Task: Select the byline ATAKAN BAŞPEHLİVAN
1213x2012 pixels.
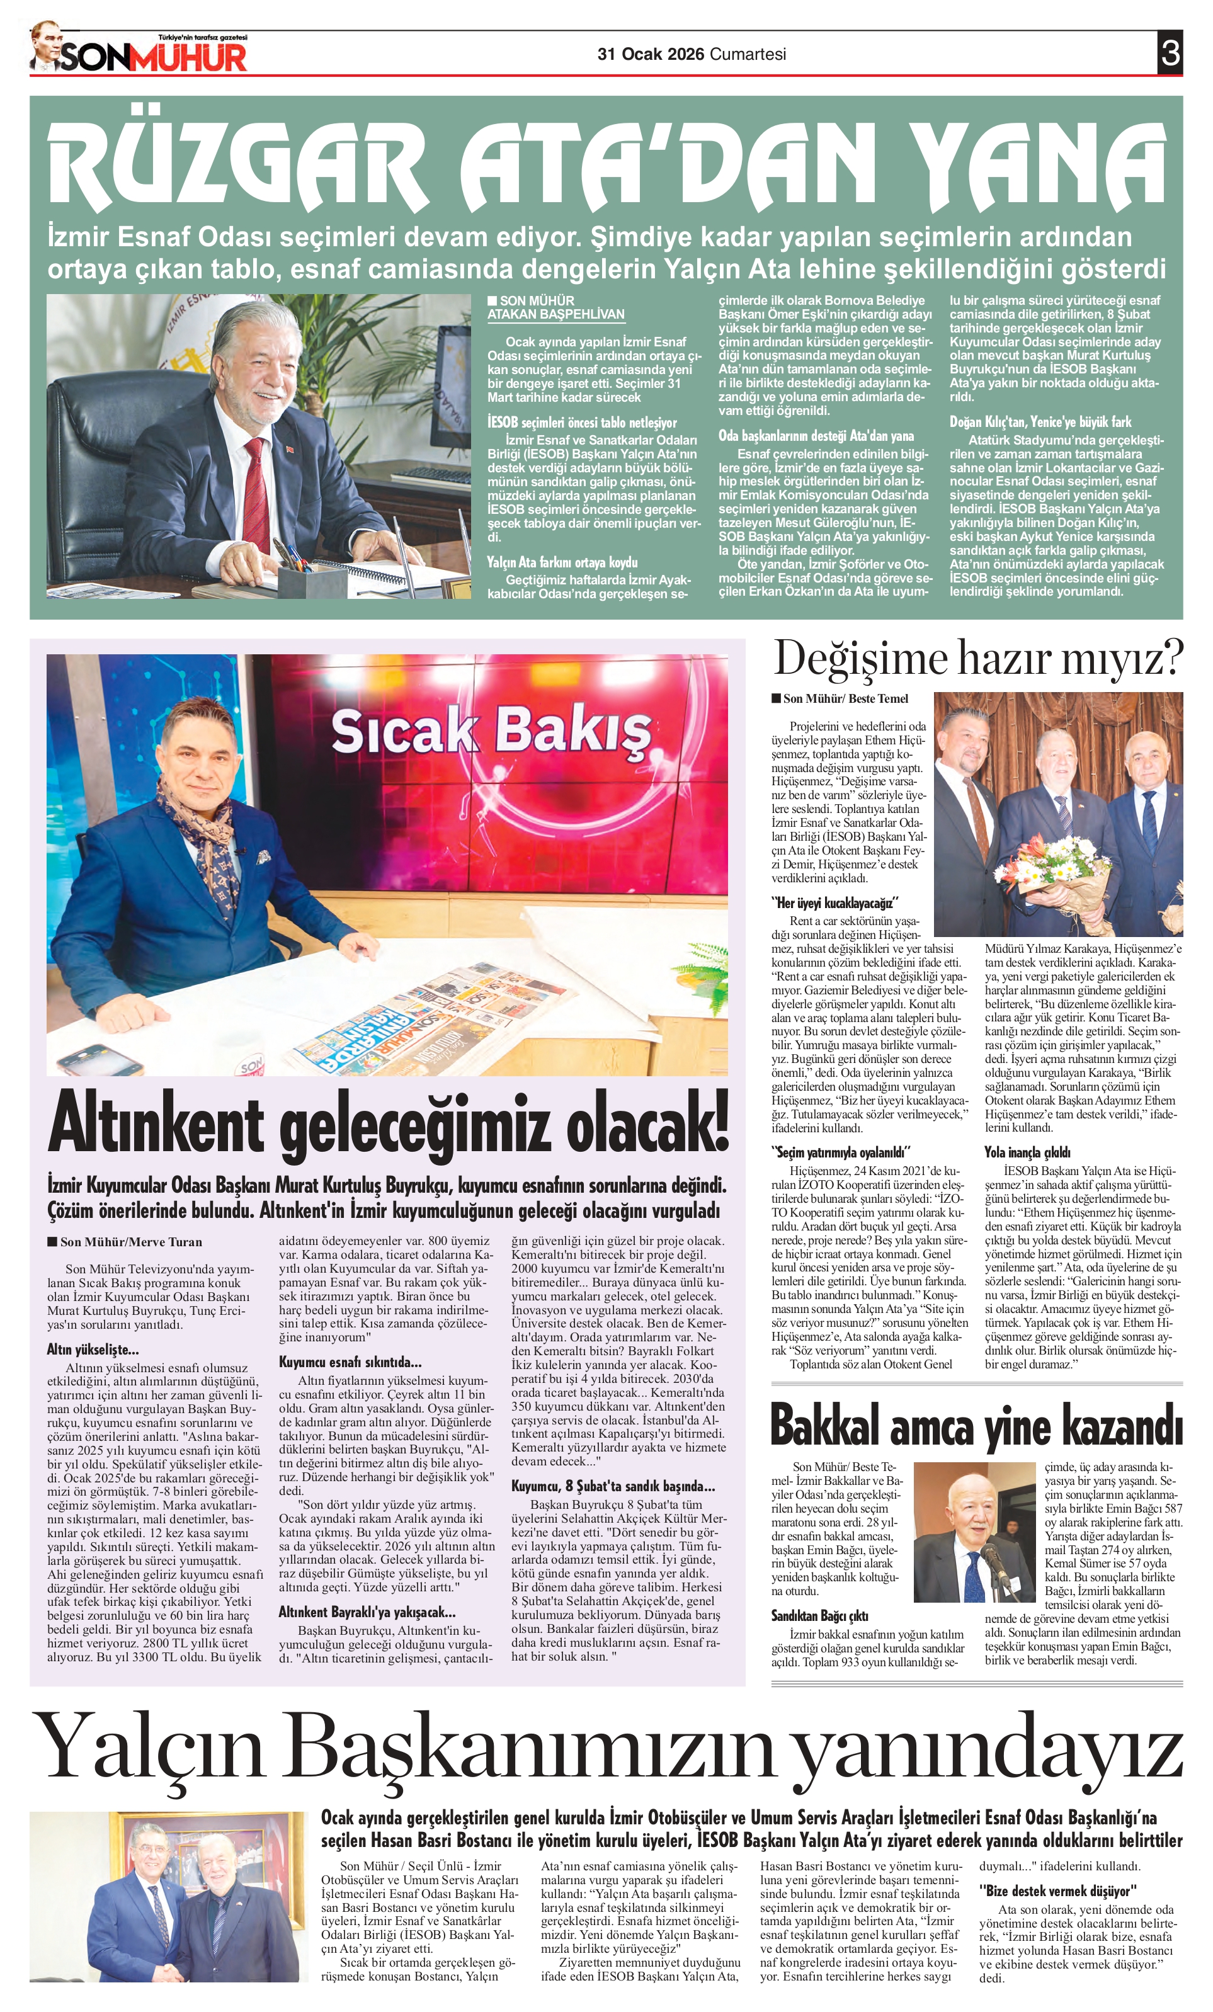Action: (555, 314)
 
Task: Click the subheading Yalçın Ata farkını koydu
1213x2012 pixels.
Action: (562, 562)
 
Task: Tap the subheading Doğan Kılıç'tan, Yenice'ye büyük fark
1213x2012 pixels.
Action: (1040, 422)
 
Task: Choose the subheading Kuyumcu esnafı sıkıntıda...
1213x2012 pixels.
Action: (350, 1362)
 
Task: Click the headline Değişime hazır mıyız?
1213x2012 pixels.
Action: (977, 659)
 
